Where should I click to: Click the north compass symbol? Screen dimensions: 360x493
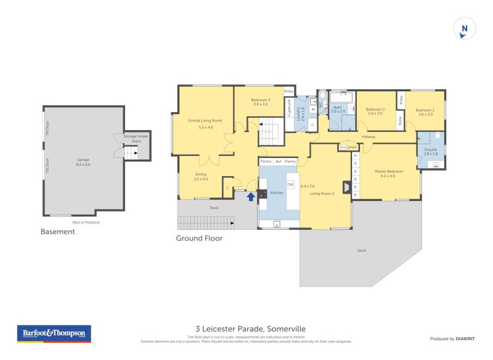click(465, 29)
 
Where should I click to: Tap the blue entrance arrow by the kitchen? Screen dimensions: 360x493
click(250, 197)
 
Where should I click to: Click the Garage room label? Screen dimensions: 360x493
click(83, 161)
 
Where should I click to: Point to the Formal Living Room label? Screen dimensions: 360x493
click(205, 121)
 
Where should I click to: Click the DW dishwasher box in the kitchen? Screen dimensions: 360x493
click(290, 183)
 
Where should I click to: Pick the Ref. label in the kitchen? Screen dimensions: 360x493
click(279, 161)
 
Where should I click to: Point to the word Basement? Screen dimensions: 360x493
click(57, 232)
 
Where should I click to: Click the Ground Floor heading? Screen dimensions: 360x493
click(199, 238)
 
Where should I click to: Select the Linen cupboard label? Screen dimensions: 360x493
click(352, 147)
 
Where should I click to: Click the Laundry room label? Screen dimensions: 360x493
click(299, 114)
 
